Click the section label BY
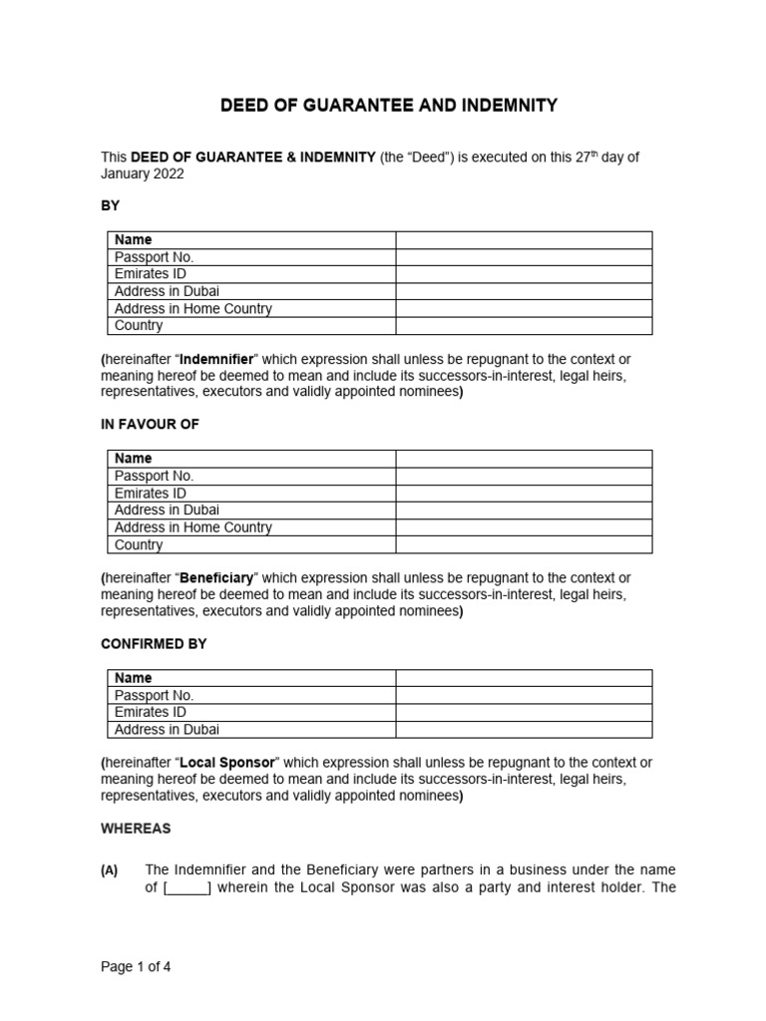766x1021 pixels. coord(110,205)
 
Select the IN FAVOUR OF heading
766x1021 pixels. coord(150,425)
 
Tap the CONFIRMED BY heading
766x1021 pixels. coord(154,644)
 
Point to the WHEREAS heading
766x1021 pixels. coord(136,829)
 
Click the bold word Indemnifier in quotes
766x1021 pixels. coord(215,359)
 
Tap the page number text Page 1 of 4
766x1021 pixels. coord(142,966)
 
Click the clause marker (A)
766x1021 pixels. coord(110,870)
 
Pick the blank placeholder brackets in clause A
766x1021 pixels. coord(187,888)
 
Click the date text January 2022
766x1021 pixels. coord(143,173)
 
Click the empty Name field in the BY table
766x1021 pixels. coord(524,240)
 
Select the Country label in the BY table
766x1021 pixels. coord(139,326)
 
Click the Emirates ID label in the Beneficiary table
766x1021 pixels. coord(151,494)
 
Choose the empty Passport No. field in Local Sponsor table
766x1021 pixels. coord(524,695)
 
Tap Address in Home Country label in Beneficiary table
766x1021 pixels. coord(193,527)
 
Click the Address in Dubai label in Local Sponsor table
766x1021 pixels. coord(168,730)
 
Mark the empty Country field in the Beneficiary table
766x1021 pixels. coord(524,545)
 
